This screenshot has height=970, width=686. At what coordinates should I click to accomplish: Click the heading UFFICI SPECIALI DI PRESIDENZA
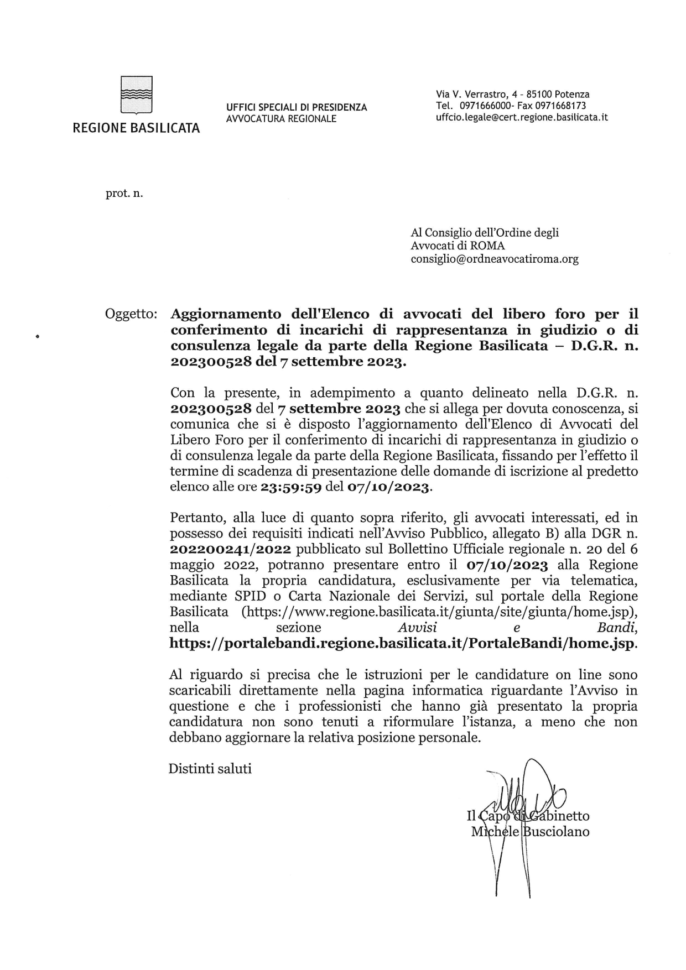[296, 107]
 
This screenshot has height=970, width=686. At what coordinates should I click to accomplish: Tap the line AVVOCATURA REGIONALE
[281, 118]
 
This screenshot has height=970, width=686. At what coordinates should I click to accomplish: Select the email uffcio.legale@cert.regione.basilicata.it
[522, 117]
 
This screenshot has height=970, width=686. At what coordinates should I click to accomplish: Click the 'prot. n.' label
[124, 194]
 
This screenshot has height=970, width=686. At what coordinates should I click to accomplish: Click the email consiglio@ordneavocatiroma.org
[494, 259]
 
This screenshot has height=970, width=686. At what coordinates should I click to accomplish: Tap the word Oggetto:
[131, 314]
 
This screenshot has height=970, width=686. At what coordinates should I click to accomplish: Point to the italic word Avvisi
[417, 628]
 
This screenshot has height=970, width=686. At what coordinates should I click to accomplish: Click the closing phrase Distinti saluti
[210, 769]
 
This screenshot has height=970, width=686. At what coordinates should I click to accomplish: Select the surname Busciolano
[555, 831]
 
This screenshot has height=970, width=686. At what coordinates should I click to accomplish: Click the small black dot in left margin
[38, 335]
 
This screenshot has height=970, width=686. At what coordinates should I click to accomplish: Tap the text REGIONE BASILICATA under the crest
[136, 129]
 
